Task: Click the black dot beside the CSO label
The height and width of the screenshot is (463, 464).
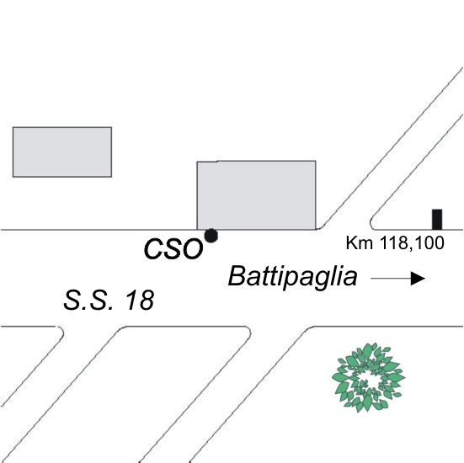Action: (x=211, y=236)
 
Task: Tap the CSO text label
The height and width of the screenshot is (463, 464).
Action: (x=173, y=249)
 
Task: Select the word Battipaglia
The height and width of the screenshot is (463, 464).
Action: (x=293, y=277)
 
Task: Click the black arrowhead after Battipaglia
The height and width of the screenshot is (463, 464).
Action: (x=418, y=279)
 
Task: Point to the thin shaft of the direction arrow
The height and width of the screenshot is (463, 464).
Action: (x=391, y=279)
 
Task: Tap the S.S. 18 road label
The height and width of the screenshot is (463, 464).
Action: (x=109, y=300)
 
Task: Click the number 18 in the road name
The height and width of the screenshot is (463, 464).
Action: (x=140, y=300)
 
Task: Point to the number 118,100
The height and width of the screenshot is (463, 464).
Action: (x=412, y=243)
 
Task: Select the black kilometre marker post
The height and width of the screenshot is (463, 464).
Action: (x=437, y=219)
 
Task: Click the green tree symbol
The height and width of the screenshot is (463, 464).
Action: (x=368, y=378)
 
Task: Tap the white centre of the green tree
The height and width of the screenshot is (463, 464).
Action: (x=368, y=378)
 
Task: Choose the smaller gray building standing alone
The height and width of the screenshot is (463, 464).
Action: (x=62, y=152)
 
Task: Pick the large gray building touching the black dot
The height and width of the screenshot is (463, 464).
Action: (x=256, y=195)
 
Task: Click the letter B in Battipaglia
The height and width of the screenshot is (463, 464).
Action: (x=237, y=276)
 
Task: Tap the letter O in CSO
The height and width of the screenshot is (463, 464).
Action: (x=192, y=249)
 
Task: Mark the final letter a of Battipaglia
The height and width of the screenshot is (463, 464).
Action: (x=350, y=279)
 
